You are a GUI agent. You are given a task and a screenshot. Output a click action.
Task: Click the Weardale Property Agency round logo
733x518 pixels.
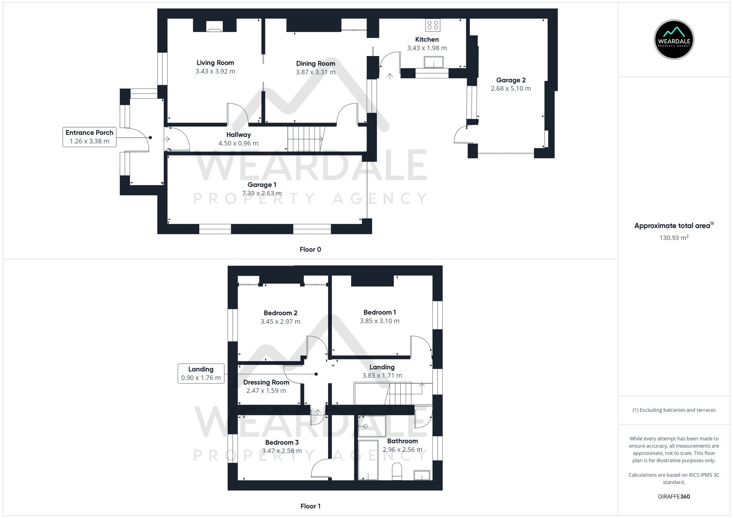click(674, 40)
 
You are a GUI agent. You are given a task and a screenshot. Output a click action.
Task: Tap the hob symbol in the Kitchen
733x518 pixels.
click(432, 25)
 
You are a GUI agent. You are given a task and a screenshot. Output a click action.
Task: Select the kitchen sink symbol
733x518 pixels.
click(434, 62)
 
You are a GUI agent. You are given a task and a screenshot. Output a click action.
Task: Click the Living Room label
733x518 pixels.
click(215, 63)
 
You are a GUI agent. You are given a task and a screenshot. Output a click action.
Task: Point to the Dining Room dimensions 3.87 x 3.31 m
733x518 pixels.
click(316, 72)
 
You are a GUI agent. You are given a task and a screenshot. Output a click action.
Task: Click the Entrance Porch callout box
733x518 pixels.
click(89, 137)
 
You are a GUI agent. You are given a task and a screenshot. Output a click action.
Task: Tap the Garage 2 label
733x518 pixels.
click(511, 80)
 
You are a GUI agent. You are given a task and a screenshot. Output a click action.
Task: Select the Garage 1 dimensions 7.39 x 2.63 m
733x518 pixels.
click(262, 193)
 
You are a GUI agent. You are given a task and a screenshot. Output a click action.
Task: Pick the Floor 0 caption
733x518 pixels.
click(310, 250)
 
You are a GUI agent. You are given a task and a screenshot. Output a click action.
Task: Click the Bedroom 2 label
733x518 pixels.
click(280, 313)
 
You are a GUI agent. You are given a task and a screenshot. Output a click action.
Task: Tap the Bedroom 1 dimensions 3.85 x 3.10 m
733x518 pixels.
click(379, 321)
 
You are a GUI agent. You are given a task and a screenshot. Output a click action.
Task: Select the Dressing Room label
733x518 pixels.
click(266, 382)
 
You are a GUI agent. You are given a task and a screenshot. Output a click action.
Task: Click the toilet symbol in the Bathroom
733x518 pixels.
click(397, 472)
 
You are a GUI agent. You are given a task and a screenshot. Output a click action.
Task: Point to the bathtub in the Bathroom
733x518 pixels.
click(368, 460)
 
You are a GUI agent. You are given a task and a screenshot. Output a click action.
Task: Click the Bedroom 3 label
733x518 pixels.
click(282, 443)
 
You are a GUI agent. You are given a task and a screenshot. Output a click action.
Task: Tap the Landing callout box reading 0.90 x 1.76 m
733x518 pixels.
click(201, 373)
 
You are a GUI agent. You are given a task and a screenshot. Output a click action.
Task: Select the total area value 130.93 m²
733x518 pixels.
click(674, 238)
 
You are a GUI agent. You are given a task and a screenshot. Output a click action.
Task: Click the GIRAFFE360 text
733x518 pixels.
click(674, 497)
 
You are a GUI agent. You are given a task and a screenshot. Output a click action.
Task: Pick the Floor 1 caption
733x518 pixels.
click(310, 506)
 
